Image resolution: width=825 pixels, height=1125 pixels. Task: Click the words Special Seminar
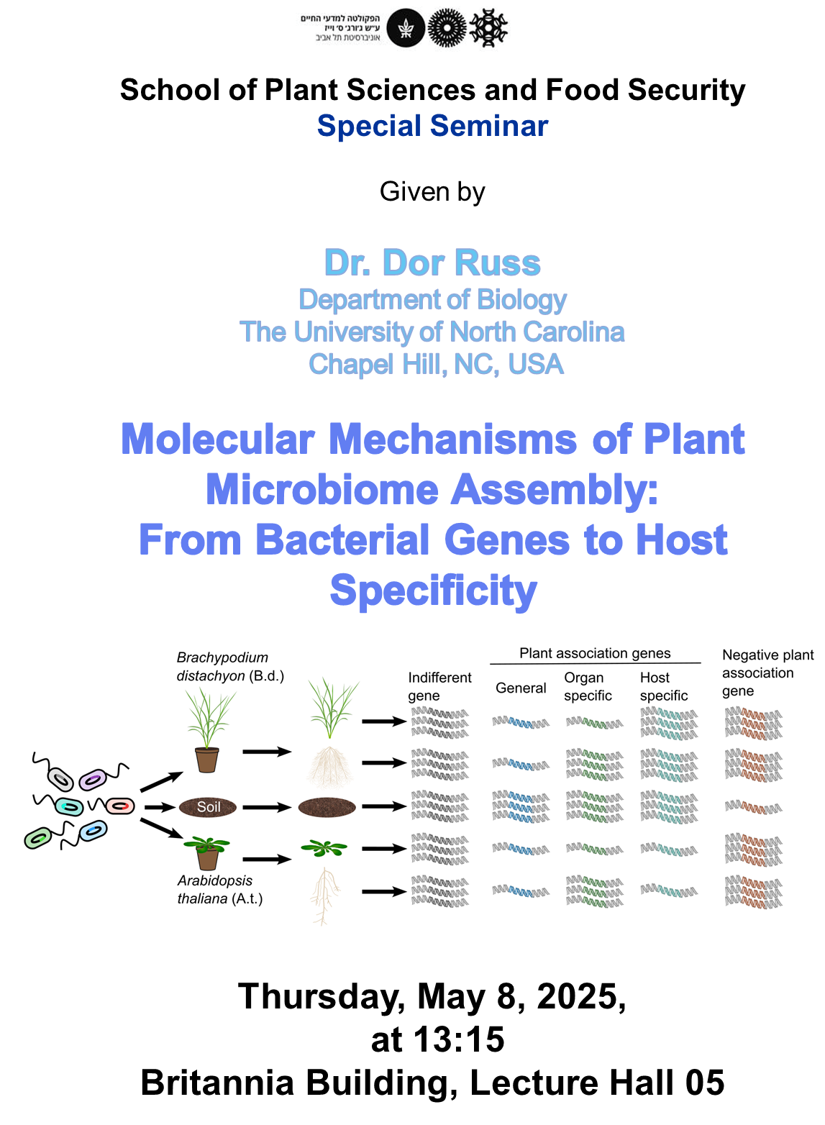(x=432, y=126)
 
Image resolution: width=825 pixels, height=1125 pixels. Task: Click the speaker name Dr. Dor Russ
(x=432, y=263)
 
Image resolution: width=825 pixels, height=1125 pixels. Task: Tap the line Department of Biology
(x=432, y=299)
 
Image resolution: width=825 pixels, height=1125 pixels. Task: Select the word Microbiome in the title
(x=322, y=490)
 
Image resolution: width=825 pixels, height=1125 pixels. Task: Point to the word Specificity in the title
(x=433, y=591)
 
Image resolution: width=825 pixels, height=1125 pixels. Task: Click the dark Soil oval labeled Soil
(x=209, y=807)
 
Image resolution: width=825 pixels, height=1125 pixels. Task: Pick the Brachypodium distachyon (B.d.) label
(x=230, y=666)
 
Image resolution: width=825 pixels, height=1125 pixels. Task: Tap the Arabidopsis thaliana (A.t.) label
(x=219, y=890)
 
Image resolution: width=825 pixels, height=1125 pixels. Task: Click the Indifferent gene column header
(x=439, y=686)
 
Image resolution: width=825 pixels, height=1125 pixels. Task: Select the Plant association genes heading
(x=595, y=653)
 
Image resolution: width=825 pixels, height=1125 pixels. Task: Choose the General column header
(x=521, y=688)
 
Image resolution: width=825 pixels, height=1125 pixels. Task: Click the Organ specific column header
(x=588, y=686)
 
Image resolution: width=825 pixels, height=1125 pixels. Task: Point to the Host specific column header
(x=663, y=686)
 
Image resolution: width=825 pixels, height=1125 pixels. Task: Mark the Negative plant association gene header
(x=767, y=673)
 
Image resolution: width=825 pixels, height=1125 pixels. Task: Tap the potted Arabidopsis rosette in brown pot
(x=207, y=851)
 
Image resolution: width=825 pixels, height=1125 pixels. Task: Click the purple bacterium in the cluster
(x=93, y=779)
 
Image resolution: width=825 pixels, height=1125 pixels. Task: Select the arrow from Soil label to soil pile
(x=266, y=807)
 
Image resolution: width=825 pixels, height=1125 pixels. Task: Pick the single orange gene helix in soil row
(x=752, y=808)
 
